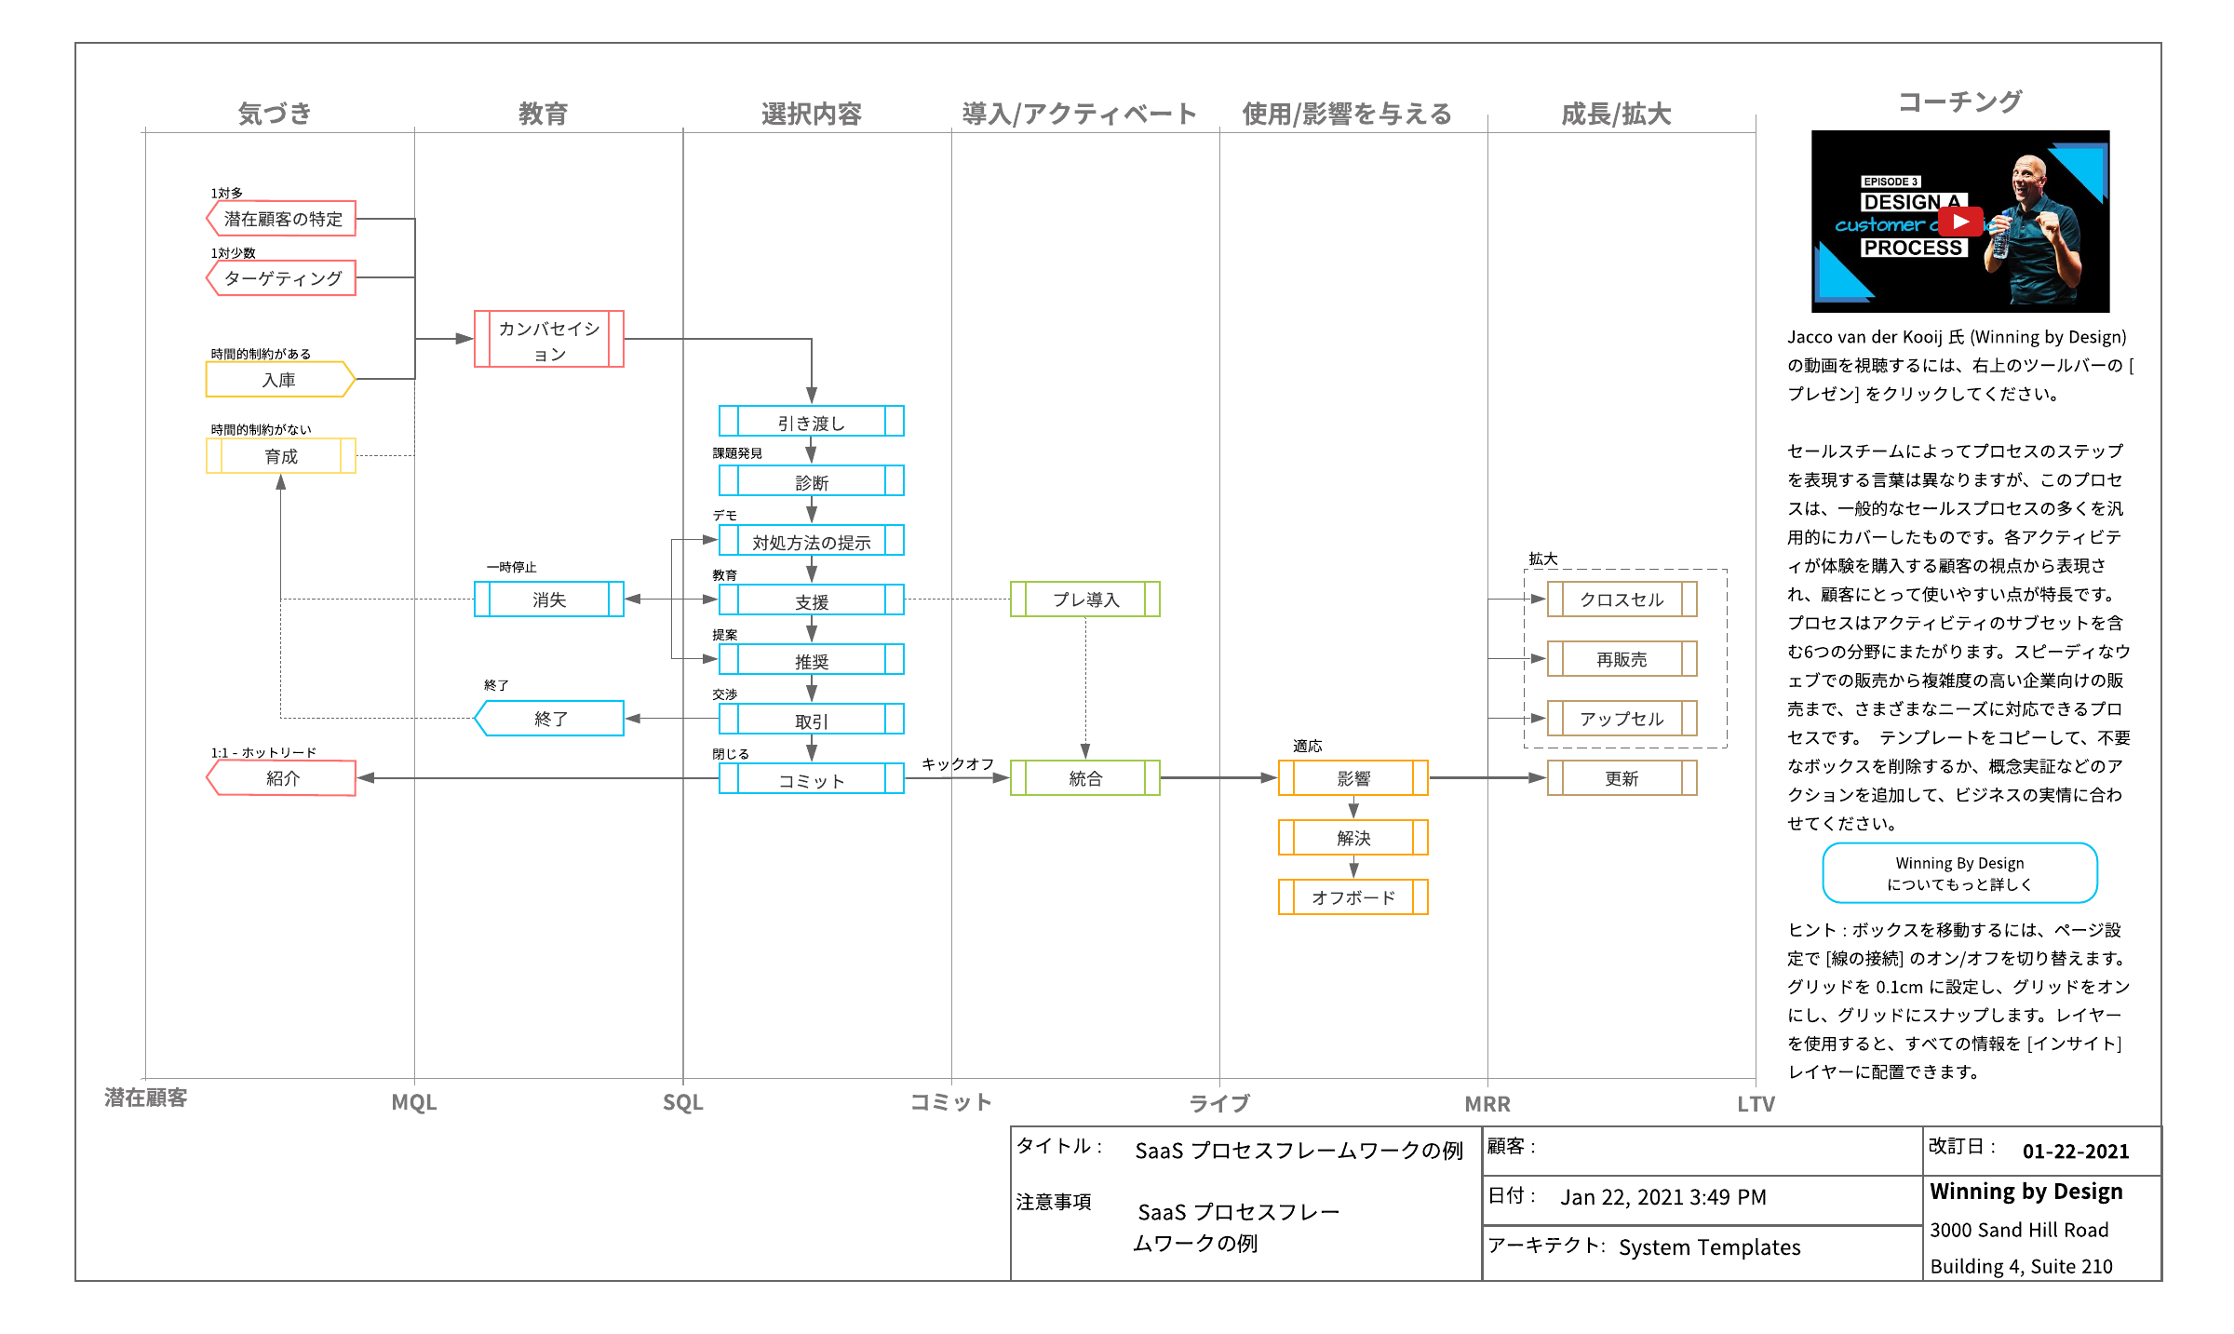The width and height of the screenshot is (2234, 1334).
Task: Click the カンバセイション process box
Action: [548, 340]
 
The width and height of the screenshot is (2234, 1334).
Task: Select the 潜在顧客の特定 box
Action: [281, 219]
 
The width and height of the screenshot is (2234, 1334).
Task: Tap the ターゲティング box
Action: [281, 278]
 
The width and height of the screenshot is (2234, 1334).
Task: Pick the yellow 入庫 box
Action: [279, 380]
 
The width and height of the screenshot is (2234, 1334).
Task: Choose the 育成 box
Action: [280, 456]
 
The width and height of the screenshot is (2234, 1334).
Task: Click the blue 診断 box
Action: [811, 481]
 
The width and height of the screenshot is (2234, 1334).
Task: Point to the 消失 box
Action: [548, 600]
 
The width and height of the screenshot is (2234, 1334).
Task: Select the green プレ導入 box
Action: [1084, 600]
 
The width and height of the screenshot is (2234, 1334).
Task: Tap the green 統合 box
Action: [1084, 778]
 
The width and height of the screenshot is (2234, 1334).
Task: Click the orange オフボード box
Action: [1353, 897]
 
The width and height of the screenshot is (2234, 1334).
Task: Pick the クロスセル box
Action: [1621, 600]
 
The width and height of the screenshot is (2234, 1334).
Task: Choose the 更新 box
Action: [1621, 778]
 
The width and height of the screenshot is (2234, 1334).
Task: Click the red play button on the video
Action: [1959, 222]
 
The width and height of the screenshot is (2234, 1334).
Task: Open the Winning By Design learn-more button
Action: [1959, 873]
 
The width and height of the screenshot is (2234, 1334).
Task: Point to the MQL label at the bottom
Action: [413, 1103]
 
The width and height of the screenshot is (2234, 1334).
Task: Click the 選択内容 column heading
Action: [811, 114]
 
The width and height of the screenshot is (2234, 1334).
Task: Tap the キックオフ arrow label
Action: [957, 764]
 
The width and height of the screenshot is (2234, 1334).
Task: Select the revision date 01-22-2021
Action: [2075, 1152]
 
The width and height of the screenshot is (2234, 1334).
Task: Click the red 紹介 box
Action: [281, 778]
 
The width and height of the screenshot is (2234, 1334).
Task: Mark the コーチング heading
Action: [1959, 101]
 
